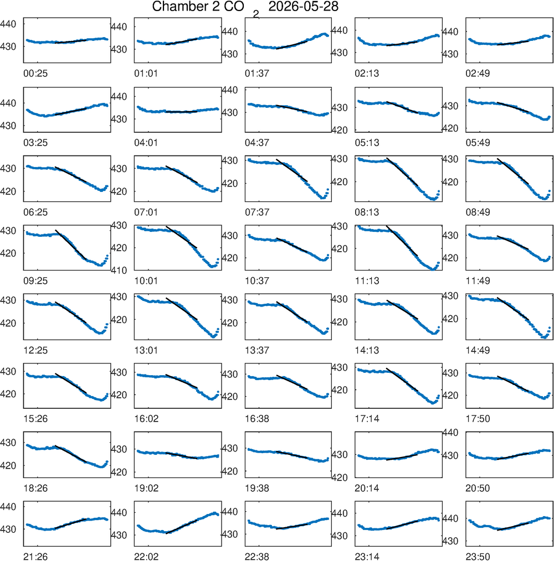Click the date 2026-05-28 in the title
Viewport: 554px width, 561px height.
click(303, 7)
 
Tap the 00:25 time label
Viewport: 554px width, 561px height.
click(35, 74)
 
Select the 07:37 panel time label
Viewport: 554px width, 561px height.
click(257, 212)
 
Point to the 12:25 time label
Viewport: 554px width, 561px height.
click(35, 350)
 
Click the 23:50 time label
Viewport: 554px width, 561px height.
click(478, 557)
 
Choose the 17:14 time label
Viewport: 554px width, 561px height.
click(367, 419)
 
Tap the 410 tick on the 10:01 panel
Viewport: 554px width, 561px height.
click(119, 271)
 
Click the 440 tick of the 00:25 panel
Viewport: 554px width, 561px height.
click(8, 24)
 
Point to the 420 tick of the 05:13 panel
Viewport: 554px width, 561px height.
click(340, 130)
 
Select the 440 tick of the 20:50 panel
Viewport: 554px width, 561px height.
click(450, 433)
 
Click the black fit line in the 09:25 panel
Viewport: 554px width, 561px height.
click(70, 245)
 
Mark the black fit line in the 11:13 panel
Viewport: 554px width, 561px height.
click(402, 241)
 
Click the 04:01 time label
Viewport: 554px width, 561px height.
click(146, 143)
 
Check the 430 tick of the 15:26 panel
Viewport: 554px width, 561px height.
click(8, 372)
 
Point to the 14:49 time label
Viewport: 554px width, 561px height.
click(478, 350)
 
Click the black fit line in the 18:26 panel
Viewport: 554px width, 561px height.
click(70, 454)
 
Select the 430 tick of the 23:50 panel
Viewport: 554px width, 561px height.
click(450, 541)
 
